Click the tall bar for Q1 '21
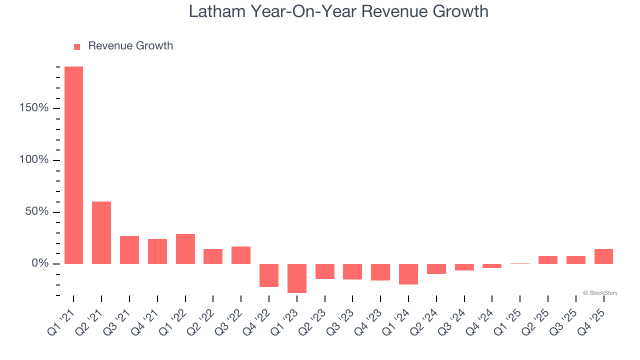pos(73,165)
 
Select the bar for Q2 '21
pos(101,232)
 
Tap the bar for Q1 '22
pos(185,249)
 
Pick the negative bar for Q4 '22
pos(269,275)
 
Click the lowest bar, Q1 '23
pos(297,278)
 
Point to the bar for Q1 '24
pos(408,274)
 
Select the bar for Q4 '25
pos(603,256)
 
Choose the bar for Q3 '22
pos(241,255)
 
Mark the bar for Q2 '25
pos(548,260)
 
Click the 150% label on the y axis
pos(33,108)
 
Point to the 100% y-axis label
pos(33,160)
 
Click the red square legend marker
pos(77,47)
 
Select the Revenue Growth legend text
pos(130,46)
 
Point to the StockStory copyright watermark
pos(600,293)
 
